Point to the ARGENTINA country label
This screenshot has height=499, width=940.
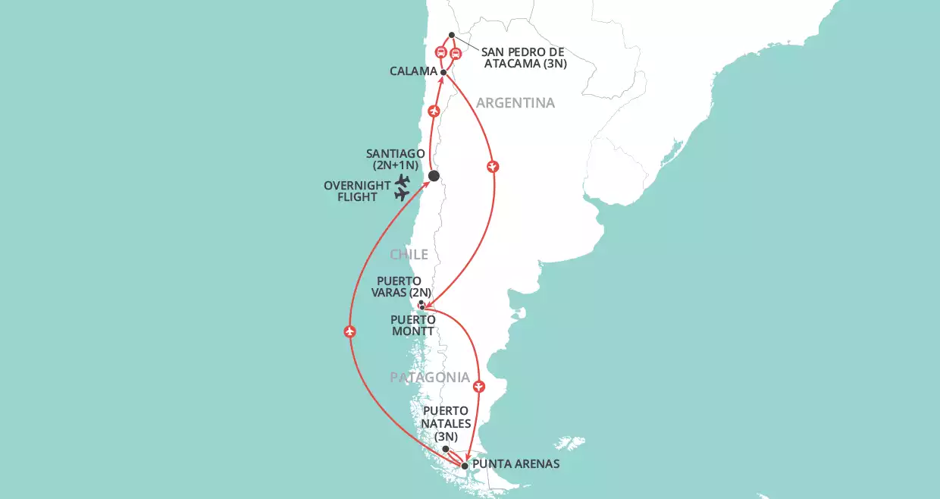click(515, 102)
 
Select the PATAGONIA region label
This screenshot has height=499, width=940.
click(430, 378)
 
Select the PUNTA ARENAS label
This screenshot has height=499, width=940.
click(515, 463)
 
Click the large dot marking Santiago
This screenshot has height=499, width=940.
click(434, 176)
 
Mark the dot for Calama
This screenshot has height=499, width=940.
click(443, 74)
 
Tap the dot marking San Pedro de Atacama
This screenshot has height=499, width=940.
click(452, 35)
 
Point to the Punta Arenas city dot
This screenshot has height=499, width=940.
click(465, 465)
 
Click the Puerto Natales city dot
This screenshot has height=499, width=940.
click(446, 449)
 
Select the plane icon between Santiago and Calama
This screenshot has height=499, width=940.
click(434, 112)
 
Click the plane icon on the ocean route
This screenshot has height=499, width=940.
click(349, 331)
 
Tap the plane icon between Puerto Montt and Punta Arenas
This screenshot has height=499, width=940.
click(479, 387)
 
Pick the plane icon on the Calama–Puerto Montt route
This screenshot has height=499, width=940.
click(493, 165)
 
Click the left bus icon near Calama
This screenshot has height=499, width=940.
click(441, 52)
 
